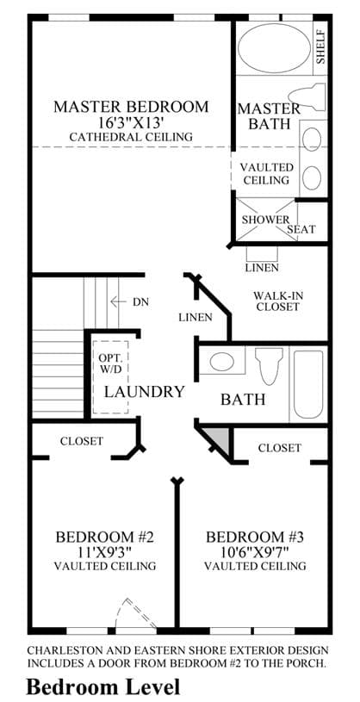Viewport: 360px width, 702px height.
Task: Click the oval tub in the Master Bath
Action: coord(274,48)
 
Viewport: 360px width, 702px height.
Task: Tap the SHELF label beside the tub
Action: coord(320,47)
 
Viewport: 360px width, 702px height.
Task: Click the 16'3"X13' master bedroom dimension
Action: coord(131,121)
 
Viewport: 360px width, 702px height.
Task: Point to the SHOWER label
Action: coord(265,220)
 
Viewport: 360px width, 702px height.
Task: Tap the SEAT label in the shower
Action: coord(301,230)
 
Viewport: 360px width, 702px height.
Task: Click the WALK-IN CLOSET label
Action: coord(276,301)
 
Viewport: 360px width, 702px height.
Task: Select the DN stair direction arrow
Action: coord(119,301)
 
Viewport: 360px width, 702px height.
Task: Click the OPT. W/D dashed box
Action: coord(110,377)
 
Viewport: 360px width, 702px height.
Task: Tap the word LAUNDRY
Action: coord(144,392)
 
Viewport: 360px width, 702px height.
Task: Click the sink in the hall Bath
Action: coord(222,361)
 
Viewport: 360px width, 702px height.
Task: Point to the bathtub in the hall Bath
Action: coord(308,384)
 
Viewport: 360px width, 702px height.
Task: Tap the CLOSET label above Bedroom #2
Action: coord(82,441)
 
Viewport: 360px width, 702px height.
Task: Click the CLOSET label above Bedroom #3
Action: coord(280,448)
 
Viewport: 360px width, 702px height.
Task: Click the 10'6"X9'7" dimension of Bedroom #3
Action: coord(254,551)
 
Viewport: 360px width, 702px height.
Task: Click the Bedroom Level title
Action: coord(103,686)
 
